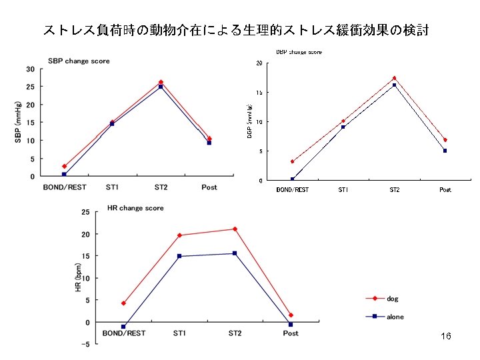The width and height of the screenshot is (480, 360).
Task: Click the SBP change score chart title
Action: tap(79, 61)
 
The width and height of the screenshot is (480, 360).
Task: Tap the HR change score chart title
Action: tap(135, 208)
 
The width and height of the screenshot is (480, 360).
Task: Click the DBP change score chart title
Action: tap(299, 52)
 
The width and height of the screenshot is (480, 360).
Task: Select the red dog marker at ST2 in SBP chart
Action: tap(161, 82)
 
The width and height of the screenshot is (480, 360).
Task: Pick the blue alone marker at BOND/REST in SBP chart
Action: tap(64, 175)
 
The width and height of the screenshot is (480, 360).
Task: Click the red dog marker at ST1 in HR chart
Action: tap(179, 235)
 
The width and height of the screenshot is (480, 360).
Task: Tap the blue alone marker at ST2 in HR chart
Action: tap(235, 253)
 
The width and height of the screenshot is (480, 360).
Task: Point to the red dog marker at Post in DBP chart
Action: tap(445, 140)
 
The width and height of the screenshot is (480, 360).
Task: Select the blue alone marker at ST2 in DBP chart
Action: tap(394, 85)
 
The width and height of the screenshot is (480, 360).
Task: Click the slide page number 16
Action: tap(446, 337)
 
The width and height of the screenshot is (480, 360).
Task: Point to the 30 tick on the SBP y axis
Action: tap(31, 69)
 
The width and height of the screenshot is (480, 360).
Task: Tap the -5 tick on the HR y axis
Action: tap(85, 344)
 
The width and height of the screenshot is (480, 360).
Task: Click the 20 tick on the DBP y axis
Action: tap(258, 63)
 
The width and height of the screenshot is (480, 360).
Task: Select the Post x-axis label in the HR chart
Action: tap(291, 333)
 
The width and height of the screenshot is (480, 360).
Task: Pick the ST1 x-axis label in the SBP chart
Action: tap(112, 187)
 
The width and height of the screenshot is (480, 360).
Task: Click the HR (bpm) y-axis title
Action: tap(78, 277)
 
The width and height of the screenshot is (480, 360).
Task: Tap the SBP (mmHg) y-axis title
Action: tap(18, 122)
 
